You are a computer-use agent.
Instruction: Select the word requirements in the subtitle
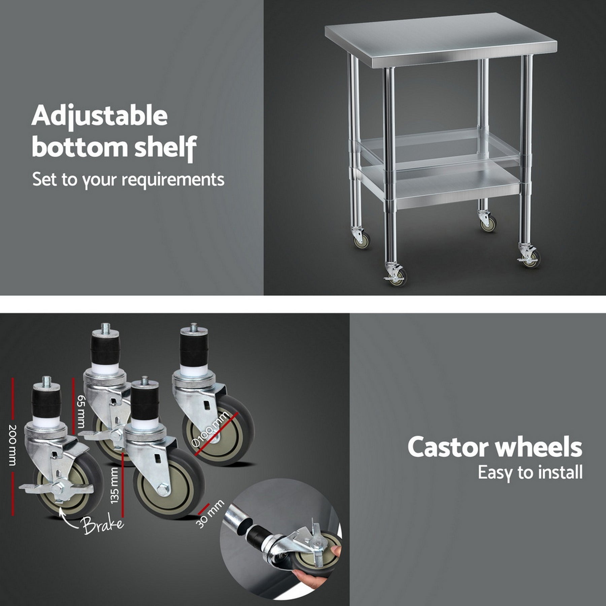click(x=173, y=179)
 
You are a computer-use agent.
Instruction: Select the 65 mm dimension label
click(x=81, y=411)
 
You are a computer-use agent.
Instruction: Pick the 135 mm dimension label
click(x=115, y=485)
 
